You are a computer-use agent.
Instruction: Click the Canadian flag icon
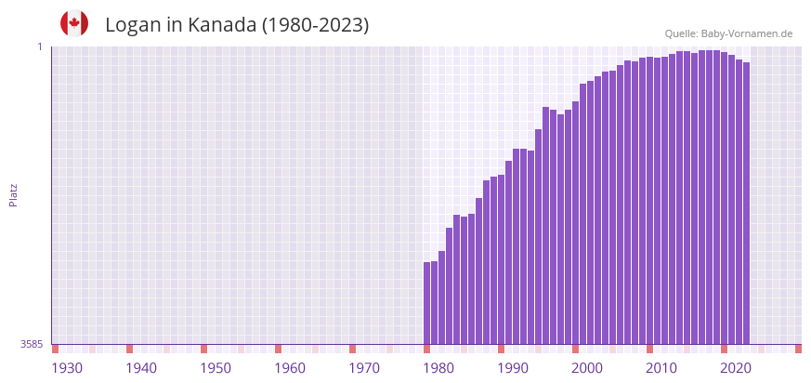pos(74,23)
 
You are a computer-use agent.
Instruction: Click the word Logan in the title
pos(133,25)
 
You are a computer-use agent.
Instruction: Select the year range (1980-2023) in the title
pos(315,25)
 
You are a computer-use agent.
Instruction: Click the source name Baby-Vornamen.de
pos(747,33)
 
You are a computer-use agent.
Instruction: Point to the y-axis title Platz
pos(13,194)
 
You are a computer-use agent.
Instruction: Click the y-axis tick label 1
pos(40,46)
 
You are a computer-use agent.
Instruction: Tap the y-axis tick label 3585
pos(32,344)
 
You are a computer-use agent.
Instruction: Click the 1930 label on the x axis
pos(67,368)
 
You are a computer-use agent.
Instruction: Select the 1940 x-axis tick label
pos(141,368)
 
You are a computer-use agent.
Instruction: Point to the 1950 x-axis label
pos(216,368)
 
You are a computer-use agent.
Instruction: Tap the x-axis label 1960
pos(290,368)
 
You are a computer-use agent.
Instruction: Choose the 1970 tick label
pos(364,368)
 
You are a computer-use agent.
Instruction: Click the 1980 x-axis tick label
pos(438,368)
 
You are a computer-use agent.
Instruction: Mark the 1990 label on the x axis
pos(513,368)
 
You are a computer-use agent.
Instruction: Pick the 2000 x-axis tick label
pos(587,368)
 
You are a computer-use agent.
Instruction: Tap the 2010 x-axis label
pos(661,368)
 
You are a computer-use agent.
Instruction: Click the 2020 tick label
pos(736,368)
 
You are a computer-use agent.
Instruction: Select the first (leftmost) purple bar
pos(427,303)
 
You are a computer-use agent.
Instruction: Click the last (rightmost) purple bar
pos(746,203)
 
